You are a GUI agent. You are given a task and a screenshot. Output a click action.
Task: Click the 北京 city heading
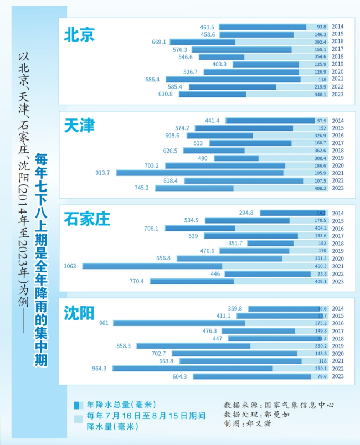tap(79, 35)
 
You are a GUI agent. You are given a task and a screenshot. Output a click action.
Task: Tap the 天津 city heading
tap(79, 126)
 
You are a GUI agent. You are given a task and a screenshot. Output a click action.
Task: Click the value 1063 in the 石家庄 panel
tap(70, 266)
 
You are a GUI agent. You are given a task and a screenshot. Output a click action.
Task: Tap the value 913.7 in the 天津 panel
tap(102, 173)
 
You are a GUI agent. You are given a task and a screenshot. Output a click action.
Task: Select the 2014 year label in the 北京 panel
tap(338, 27)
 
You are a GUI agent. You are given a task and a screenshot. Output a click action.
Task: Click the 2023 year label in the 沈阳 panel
tap(338, 376)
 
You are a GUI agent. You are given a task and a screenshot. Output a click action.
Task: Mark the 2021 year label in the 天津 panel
tap(338, 173)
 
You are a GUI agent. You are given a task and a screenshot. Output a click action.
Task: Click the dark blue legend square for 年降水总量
tap(78, 405)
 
